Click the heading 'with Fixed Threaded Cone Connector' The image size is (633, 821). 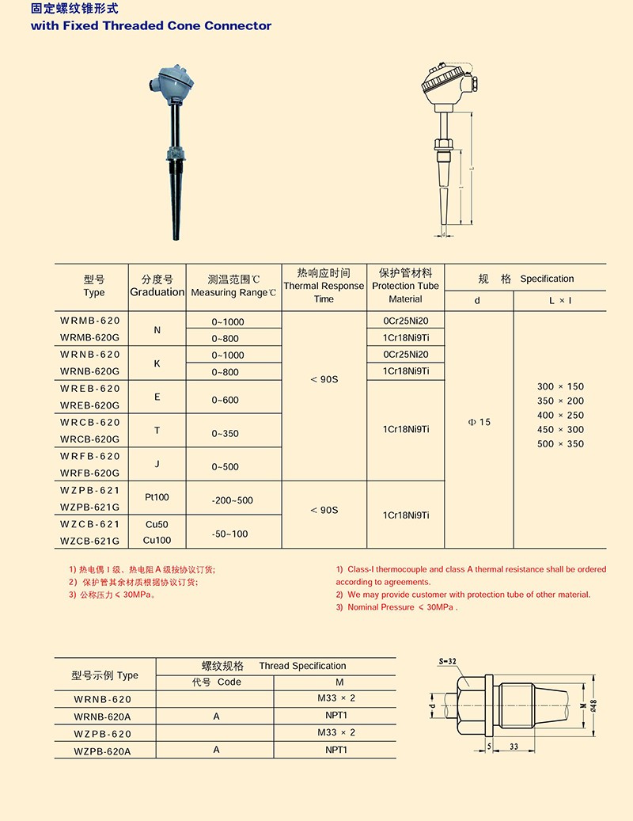click(150, 25)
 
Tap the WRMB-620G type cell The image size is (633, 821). click(90, 337)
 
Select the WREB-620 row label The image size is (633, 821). click(90, 388)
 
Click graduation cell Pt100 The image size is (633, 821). click(157, 497)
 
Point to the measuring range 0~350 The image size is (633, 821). click(225, 434)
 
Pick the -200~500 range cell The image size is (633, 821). click(233, 500)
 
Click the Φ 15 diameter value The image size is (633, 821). click(479, 422)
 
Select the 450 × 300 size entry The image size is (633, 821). click(560, 429)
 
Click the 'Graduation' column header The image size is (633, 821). click(157, 292)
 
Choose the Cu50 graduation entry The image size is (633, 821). click(157, 524)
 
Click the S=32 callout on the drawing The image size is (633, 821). click(448, 660)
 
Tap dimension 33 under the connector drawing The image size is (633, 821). click(514, 746)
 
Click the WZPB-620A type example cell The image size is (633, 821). click(102, 750)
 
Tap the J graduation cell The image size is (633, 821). click(157, 464)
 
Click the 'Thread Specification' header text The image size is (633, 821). click(302, 666)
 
